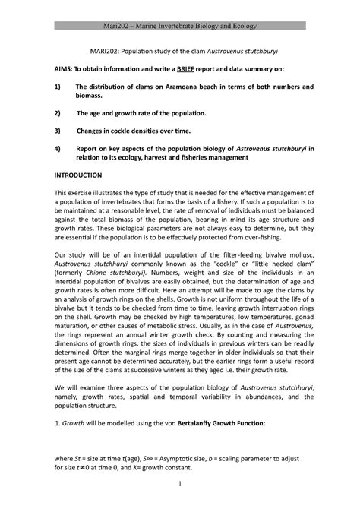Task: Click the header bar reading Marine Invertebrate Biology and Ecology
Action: click(x=180, y=27)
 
